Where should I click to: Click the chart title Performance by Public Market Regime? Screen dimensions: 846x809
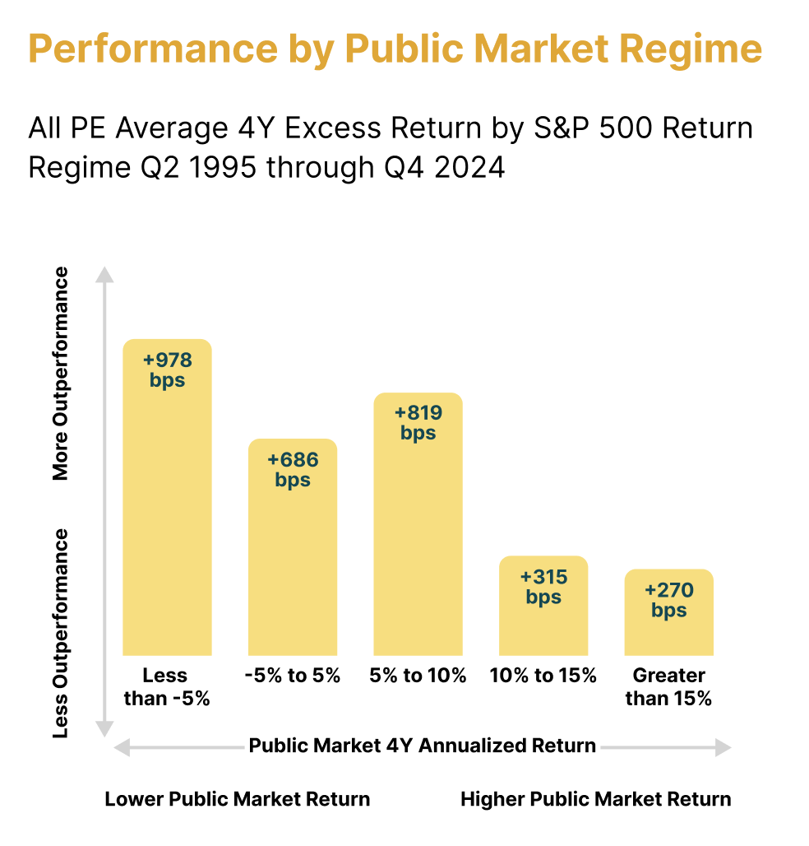tap(395, 49)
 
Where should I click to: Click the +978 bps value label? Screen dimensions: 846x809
tap(167, 370)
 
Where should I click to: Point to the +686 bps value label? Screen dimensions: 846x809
tap(293, 470)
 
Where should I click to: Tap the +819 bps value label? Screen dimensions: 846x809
tap(418, 423)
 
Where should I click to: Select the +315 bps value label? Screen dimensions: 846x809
tap(543, 587)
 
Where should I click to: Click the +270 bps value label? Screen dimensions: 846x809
tap(668, 600)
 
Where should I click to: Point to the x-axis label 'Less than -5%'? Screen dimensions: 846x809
tap(167, 687)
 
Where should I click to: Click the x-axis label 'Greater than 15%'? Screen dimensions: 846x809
tap(668, 687)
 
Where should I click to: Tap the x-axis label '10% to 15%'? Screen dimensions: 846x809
tap(543, 676)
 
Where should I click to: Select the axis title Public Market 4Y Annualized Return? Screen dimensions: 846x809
tap(422, 746)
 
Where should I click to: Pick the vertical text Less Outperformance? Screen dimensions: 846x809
tap(61, 633)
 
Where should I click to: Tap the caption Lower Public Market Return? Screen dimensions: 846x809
tap(237, 799)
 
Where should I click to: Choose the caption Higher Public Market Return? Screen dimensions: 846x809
tap(595, 799)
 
